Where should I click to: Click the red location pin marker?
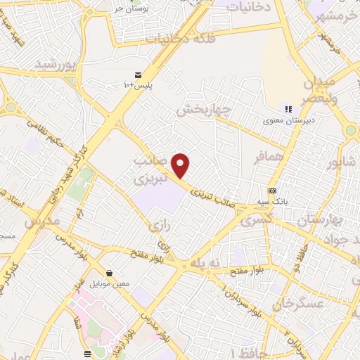click(181, 165)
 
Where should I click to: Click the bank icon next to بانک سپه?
click(273, 191)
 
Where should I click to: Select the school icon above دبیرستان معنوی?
click(287, 108)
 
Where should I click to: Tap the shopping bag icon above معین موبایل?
click(109, 274)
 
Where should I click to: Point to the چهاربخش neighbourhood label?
click(204, 110)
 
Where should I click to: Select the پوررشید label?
click(54, 65)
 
